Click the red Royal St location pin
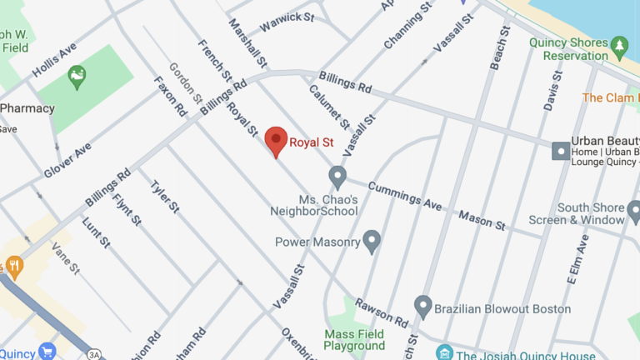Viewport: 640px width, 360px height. tap(277, 141)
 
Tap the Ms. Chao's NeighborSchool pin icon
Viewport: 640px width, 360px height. tap(337, 177)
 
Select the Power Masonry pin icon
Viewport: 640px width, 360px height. tap(372, 242)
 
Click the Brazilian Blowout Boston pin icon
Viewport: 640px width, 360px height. tap(423, 307)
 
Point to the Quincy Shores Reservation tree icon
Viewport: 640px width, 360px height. tap(619, 42)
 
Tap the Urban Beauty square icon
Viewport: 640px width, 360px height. tap(561, 151)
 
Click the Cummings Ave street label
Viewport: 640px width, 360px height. tap(404, 197)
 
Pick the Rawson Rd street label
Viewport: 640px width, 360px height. tap(381, 312)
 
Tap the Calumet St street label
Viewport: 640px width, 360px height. tap(329, 107)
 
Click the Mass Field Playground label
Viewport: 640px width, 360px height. tap(354, 339)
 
